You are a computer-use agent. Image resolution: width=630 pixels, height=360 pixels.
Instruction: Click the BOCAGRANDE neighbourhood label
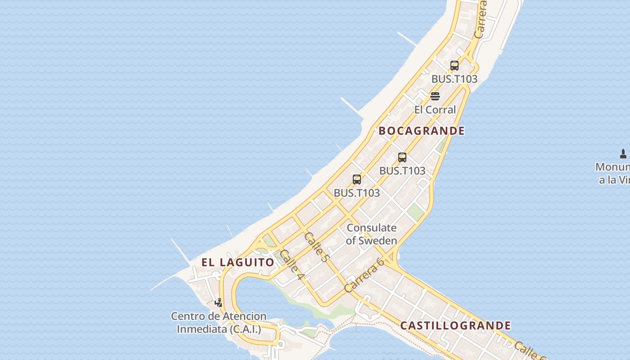coord(422,131)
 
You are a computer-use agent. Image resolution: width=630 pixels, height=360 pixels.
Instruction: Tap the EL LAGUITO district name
coord(238,262)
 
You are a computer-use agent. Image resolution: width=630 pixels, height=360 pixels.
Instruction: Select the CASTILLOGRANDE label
coord(455,325)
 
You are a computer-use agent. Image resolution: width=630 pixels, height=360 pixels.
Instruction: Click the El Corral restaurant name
coord(435,110)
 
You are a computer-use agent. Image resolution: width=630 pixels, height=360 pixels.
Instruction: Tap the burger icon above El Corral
coord(435,96)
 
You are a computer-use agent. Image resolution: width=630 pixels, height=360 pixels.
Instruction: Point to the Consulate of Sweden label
coord(372,234)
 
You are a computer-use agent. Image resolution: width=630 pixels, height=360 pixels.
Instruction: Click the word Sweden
coord(378,241)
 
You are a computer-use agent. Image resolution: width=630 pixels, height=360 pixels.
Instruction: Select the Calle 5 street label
coord(317,247)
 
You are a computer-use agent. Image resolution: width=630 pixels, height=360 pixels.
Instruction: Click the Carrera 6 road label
coord(364,275)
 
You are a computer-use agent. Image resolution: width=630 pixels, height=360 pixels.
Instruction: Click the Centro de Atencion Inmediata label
coord(219,323)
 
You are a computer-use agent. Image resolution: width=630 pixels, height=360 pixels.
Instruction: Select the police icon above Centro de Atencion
coord(219,302)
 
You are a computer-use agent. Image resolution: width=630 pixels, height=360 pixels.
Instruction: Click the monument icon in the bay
coord(623,154)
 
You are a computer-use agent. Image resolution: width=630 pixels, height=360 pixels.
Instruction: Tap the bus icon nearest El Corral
coord(454,66)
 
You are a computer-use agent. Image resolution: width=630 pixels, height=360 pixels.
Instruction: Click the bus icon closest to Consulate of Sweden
coord(357,180)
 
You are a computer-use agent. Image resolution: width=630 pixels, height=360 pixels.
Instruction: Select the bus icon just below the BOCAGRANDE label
coord(402,157)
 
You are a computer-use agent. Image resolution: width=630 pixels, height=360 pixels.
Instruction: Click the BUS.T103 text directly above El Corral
coord(454,79)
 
